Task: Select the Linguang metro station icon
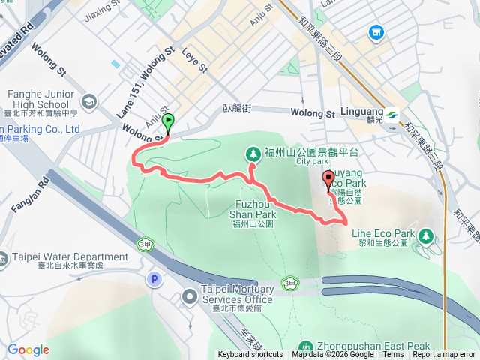pos(394,116)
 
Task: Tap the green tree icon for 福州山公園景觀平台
pos(253,154)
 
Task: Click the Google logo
pos(28,349)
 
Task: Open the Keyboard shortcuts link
pos(250,355)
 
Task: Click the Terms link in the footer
pos(393,355)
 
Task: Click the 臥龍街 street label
pos(236,108)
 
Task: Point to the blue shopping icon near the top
pos(376,33)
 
